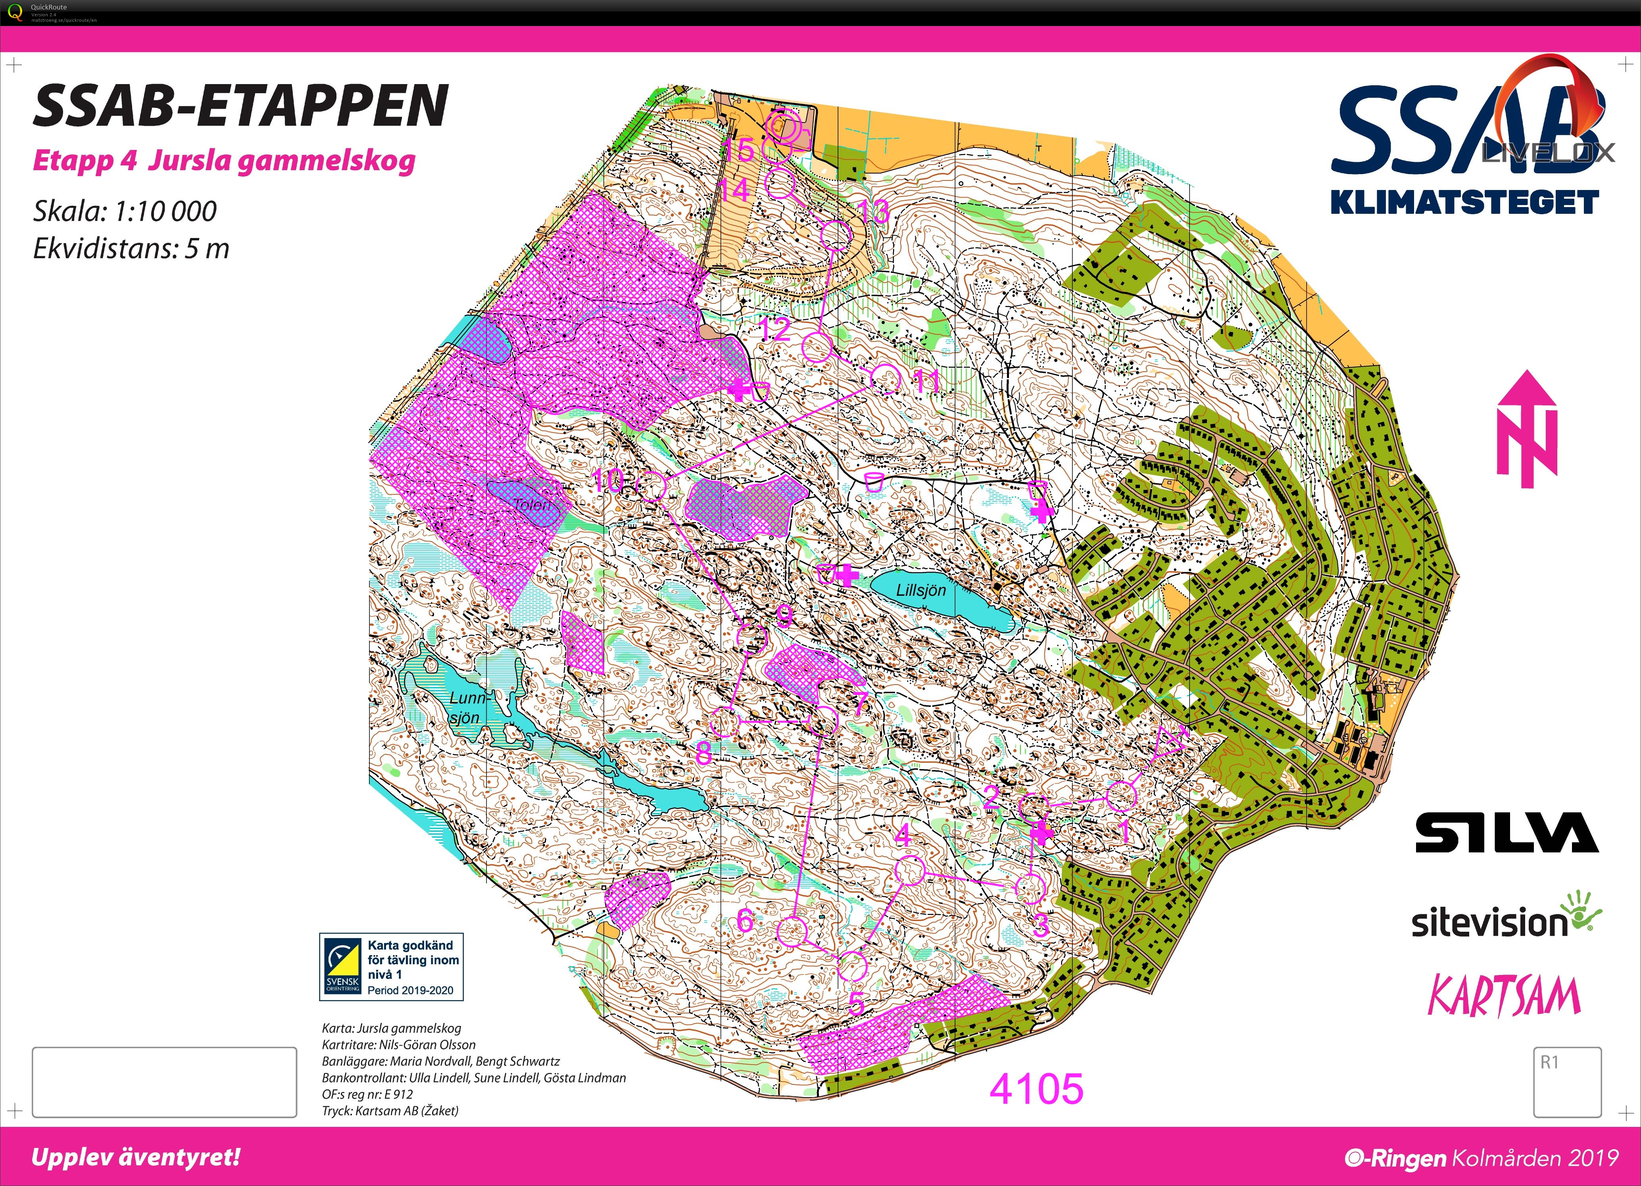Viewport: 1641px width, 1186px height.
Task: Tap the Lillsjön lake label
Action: (x=920, y=590)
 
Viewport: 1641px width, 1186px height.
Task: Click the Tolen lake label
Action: (x=532, y=504)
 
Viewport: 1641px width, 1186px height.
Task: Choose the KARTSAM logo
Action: (x=1504, y=996)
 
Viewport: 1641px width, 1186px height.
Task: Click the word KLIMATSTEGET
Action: (x=1464, y=202)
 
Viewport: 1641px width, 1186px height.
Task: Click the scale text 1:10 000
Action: (x=125, y=211)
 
